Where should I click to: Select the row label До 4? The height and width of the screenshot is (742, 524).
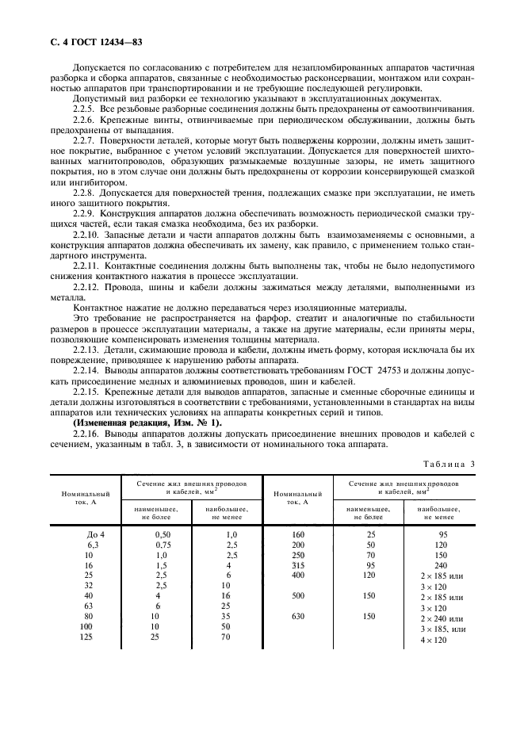pos(95,534)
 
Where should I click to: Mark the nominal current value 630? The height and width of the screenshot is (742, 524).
pos(297,616)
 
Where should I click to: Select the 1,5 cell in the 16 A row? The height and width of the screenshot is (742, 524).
pos(161,566)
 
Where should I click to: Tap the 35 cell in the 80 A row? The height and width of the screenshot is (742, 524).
pos(228,616)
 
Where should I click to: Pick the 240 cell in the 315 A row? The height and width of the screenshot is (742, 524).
pos(442,566)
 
